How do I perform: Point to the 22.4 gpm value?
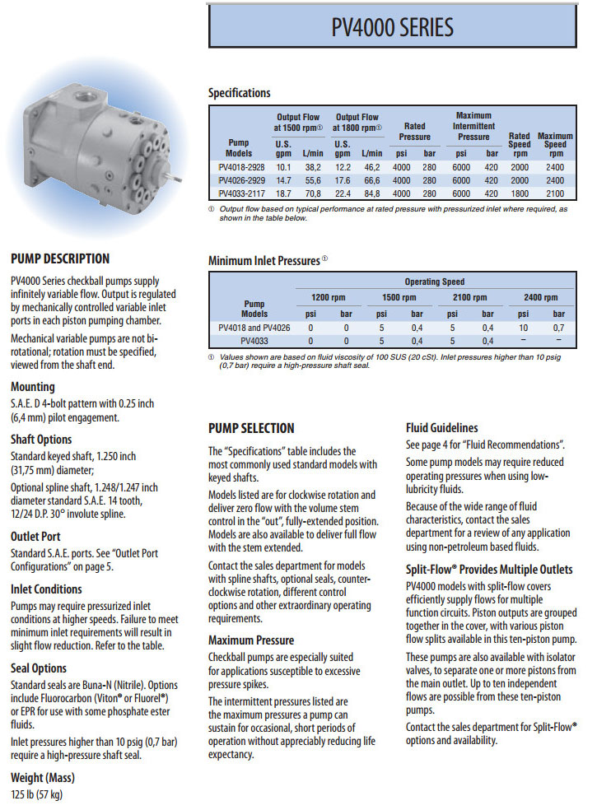[x=343, y=193]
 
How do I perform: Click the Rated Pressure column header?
[x=415, y=131]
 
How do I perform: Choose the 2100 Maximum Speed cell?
[x=555, y=193]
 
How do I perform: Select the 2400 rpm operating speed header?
[x=541, y=297]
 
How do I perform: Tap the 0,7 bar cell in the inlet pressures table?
[x=559, y=327]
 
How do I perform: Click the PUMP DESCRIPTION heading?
[x=60, y=258]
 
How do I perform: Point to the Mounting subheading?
[x=33, y=386]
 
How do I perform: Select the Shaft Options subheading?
[x=41, y=439]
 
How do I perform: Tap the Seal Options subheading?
[x=39, y=668]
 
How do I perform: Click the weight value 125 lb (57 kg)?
[x=36, y=794]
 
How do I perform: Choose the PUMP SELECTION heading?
[x=251, y=428]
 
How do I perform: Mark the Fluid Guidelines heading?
[x=441, y=428]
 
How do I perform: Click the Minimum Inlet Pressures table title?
[x=264, y=261]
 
